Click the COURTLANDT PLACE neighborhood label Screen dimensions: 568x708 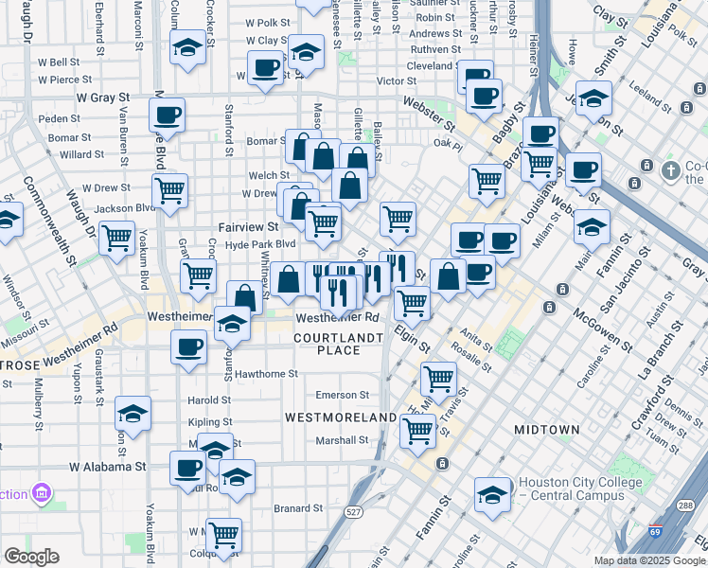(x=339, y=344)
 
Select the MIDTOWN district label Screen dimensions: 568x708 (x=546, y=430)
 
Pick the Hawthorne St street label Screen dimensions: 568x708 (x=267, y=374)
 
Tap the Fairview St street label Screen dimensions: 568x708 (x=248, y=227)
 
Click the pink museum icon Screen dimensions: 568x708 (x=42, y=493)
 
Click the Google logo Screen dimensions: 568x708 (x=31, y=557)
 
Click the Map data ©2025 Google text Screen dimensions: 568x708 (x=649, y=560)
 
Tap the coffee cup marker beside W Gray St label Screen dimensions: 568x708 (x=167, y=115)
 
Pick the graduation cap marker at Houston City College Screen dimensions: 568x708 (x=492, y=495)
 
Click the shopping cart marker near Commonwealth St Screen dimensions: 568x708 (x=117, y=239)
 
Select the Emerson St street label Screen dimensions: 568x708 (x=342, y=395)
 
